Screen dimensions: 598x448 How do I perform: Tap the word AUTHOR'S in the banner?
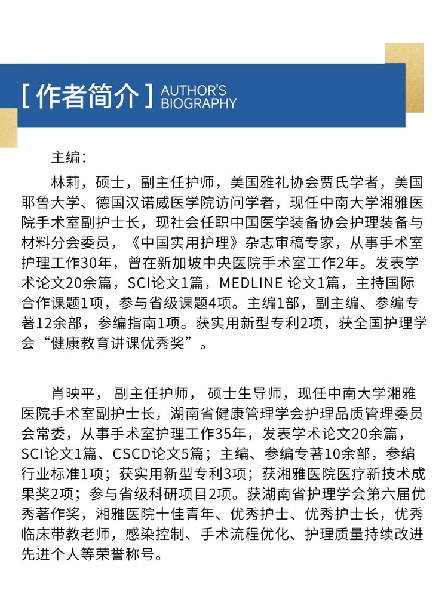194,90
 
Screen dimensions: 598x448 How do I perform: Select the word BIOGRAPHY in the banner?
199,103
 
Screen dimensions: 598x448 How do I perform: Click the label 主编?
69,158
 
